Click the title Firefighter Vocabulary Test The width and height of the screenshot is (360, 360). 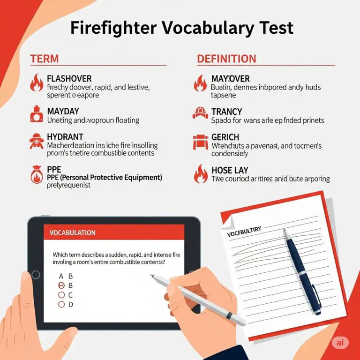click(181, 28)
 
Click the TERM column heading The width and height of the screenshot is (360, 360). click(45, 59)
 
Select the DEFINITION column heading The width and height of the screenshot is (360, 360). click(226, 59)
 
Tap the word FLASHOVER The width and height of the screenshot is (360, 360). click(69, 79)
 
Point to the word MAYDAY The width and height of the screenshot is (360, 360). click(63, 112)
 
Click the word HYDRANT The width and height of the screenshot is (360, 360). click(65, 137)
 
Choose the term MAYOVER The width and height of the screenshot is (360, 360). click(230, 79)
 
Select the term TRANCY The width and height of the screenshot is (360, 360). click(226, 112)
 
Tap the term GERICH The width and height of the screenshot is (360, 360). click(225, 137)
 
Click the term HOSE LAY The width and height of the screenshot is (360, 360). click(230, 170)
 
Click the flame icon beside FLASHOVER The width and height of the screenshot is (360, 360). click(36, 83)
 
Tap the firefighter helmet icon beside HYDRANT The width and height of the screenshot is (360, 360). click(36, 141)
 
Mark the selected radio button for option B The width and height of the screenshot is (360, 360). click(61, 285)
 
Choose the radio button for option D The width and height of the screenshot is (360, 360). click(61, 304)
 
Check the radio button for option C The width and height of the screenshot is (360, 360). click(61, 295)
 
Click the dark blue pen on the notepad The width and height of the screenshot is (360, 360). click(302, 272)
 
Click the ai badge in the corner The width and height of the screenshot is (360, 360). click(340, 343)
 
